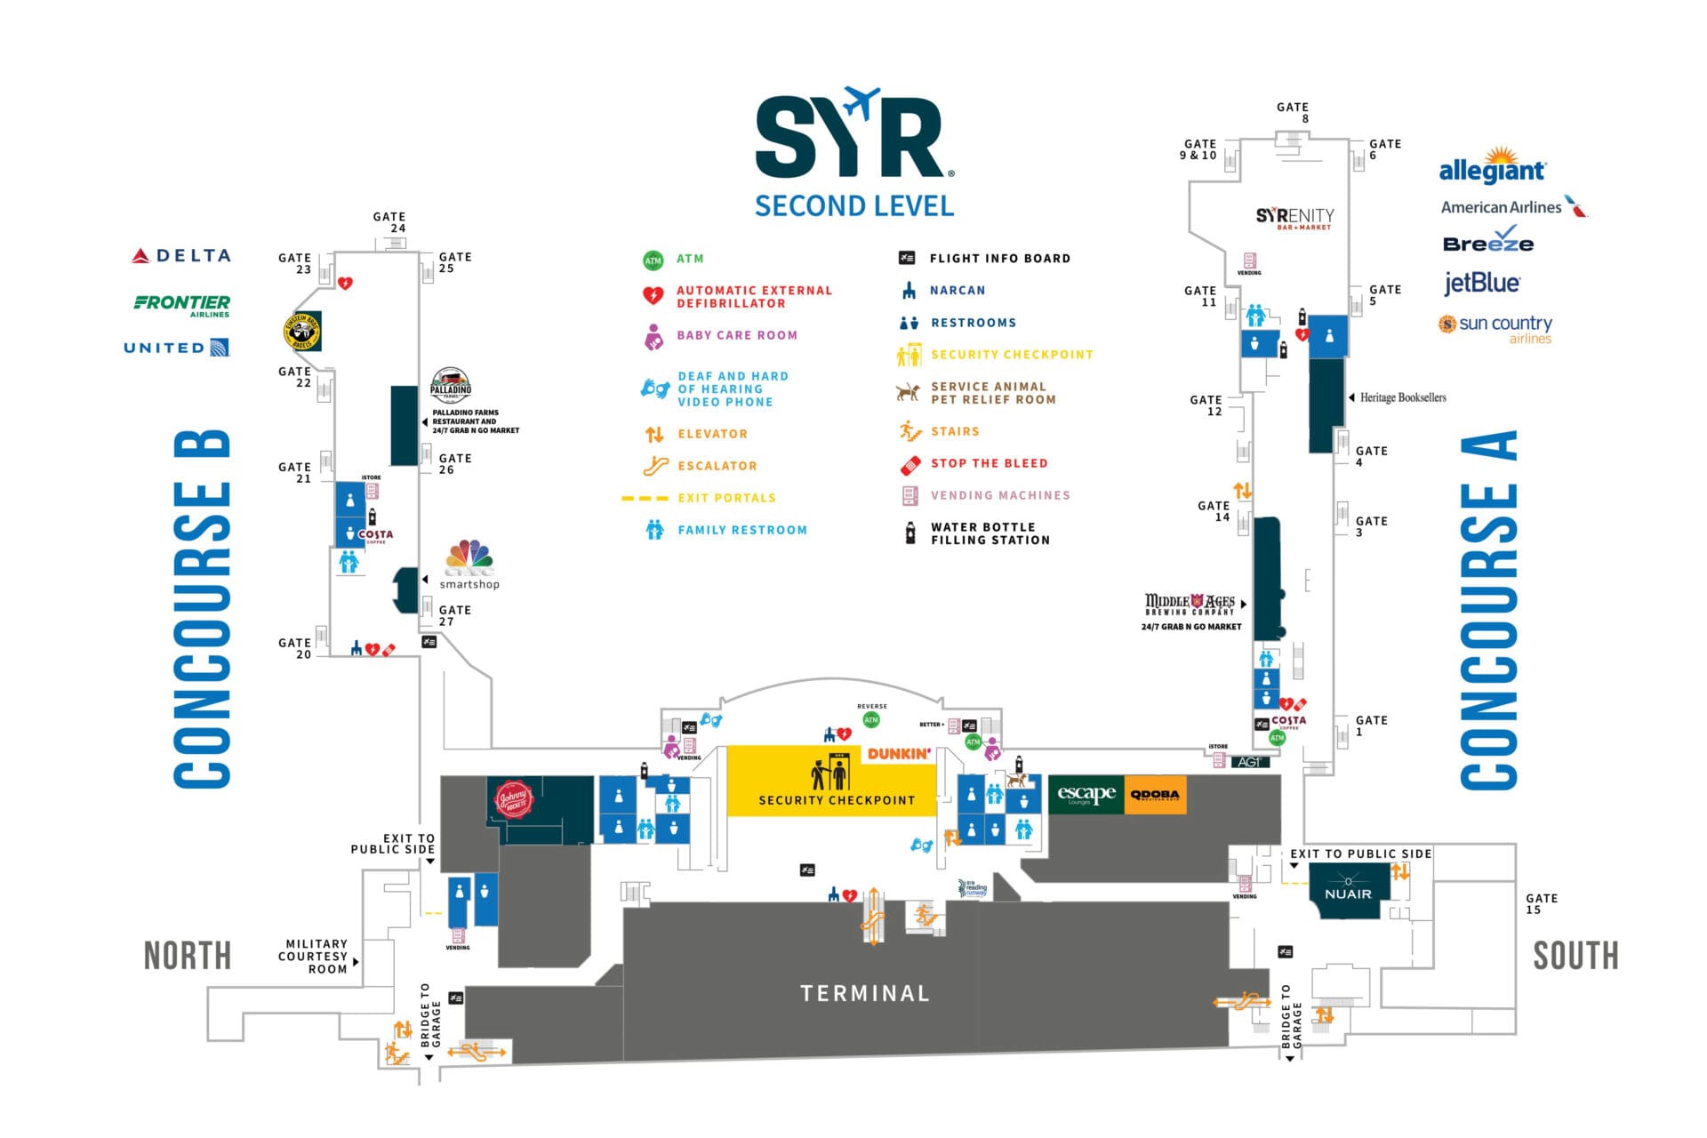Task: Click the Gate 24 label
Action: point(389,222)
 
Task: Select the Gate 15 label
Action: point(1541,903)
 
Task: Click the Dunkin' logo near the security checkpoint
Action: point(899,754)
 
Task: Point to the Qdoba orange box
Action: point(1155,795)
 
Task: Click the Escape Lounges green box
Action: point(1086,795)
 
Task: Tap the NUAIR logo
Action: point(1348,894)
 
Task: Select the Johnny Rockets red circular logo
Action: point(513,798)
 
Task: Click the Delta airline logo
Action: point(181,256)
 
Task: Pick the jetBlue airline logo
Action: point(1482,283)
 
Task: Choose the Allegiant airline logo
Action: point(1493,167)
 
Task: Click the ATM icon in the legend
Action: point(653,260)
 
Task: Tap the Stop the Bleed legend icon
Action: point(910,464)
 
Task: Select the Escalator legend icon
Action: point(655,466)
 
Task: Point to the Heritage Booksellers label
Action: point(1402,397)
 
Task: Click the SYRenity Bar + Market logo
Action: point(1294,218)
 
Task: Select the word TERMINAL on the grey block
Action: point(864,993)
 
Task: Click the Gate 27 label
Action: point(454,615)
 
